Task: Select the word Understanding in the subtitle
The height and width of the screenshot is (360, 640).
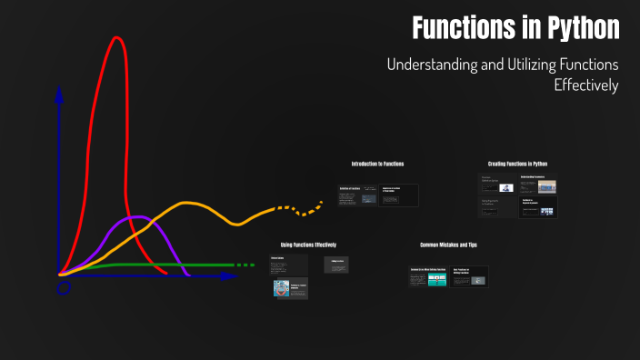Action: tap(433, 65)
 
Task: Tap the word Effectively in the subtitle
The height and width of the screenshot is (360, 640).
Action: tap(585, 85)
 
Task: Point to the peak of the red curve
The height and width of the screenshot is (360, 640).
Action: tap(116, 38)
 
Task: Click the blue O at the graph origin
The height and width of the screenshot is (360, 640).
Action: tap(64, 287)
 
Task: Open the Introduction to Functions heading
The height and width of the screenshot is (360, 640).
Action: tap(377, 164)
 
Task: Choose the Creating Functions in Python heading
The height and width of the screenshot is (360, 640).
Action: tap(517, 164)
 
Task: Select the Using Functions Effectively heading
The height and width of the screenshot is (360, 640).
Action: tap(309, 245)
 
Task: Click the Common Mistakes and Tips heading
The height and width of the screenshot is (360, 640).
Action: tap(448, 245)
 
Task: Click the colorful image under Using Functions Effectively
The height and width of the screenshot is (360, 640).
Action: tap(281, 289)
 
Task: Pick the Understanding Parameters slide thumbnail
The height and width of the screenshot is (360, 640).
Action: tap(538, 185)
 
